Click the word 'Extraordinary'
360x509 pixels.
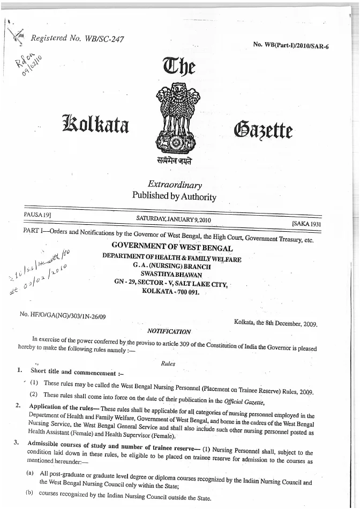[x=175, y=185]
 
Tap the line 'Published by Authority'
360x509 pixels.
[x=174, y=196]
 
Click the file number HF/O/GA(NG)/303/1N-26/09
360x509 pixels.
[x=63, y=316]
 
